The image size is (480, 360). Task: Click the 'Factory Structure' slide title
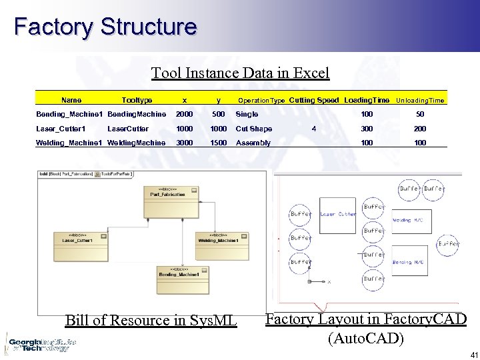(105, 27)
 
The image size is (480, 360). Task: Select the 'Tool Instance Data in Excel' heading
(240, 72)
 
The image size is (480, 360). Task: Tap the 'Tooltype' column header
(137, 100)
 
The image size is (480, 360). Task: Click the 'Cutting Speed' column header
(314, 100)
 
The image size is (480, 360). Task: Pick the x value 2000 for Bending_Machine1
(184, 115)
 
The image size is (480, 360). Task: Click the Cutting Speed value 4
(313, 129)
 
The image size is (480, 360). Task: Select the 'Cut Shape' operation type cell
(254, 129)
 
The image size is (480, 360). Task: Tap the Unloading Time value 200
(420, 129)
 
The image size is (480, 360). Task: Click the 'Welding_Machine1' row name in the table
(69, 143)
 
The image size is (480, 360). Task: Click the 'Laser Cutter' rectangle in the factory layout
(337, 215)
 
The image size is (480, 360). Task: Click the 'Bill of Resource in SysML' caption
(151, 320)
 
